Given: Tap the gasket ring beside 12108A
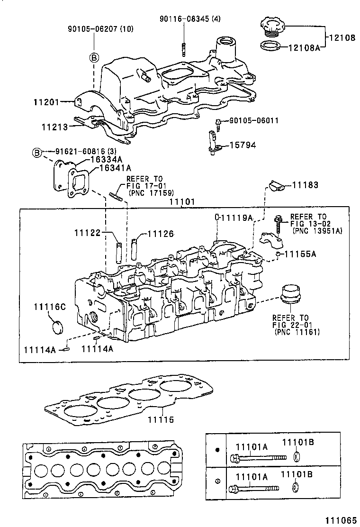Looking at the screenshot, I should (270, 46).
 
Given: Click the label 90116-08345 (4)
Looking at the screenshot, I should (183, 18).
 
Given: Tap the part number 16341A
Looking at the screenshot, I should (115, 168).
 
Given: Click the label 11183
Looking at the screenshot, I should (305, 185).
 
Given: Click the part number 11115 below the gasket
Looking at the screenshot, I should (161, 420).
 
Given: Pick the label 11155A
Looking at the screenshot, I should (300, 254).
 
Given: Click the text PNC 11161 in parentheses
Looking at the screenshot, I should (297, 332).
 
